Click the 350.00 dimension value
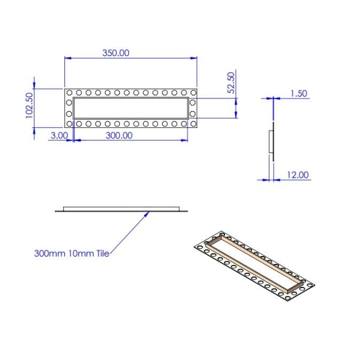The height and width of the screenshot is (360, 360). (x=116, y=53)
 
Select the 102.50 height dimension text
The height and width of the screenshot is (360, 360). (x=29, y=106)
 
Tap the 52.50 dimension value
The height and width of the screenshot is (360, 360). (x=231, y=83)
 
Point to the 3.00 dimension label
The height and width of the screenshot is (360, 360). (x=59, y=135)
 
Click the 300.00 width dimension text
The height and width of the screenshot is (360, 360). (x=119, y=135)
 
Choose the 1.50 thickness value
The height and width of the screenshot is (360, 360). (x=299, y=93)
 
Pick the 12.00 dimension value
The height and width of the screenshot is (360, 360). (x=298, y=175)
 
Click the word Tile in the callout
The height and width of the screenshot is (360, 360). (x=102, y=253)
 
